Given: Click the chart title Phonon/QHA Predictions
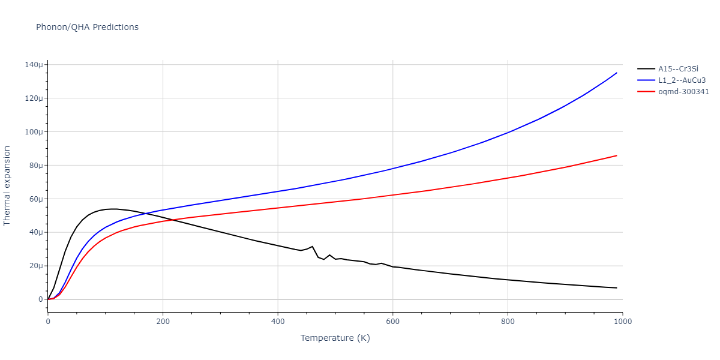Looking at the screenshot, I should (x=87, y=27).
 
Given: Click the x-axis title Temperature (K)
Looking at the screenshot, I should (x=335, y=338).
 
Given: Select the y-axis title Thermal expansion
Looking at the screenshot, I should (x=7, y=186).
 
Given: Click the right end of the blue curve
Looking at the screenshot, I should (x=617, y=73).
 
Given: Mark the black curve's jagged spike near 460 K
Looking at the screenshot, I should (x=312, y=246).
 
